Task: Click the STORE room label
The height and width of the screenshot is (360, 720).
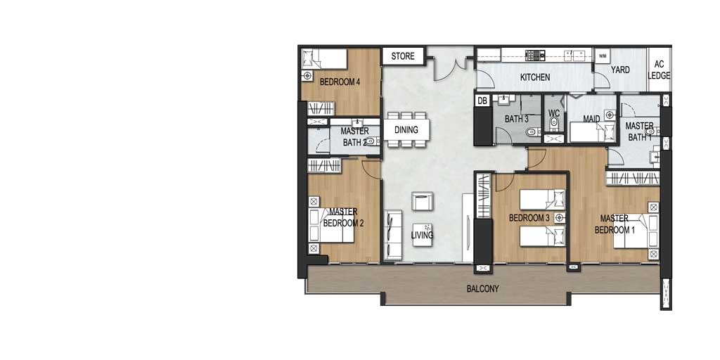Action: [403, 56]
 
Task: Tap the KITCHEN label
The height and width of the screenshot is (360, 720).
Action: [535, 77]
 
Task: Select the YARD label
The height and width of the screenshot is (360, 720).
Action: [620, 70]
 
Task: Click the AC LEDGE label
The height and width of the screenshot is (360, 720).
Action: [659, 70]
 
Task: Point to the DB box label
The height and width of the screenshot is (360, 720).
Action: [482, 101]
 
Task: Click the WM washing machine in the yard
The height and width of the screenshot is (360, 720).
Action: [603, 56]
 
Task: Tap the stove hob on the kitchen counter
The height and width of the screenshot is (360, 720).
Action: [535, 55]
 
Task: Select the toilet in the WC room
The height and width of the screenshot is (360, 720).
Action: [554, 122]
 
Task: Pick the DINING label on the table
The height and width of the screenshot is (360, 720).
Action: [406, 130]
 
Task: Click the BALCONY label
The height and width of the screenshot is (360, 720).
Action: [482, 289]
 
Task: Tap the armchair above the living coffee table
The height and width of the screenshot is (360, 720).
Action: [422, 201]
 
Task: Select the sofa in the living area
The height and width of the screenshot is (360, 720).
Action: [392, 235]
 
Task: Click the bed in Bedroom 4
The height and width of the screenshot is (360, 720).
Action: [323, 59]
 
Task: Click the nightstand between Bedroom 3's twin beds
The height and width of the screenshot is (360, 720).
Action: [559, 218]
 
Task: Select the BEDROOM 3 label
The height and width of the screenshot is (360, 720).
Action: [529, 218]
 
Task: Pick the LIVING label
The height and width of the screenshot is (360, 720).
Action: [422, 236]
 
